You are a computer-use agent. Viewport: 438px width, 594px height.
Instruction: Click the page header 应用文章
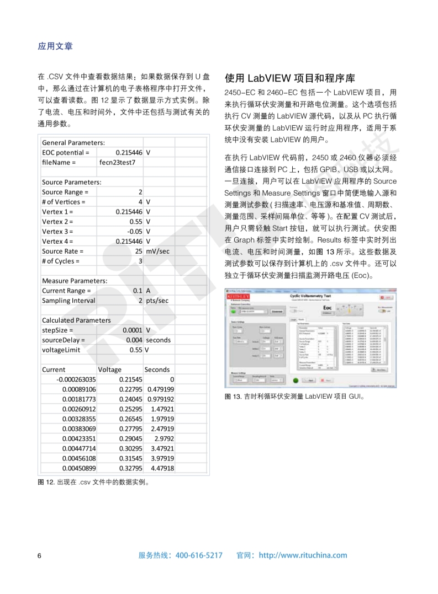[x=55, y=46]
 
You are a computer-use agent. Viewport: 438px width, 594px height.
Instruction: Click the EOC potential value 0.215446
[x=129, y=152]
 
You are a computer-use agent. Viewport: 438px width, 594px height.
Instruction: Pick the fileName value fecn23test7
[x=117, y=162]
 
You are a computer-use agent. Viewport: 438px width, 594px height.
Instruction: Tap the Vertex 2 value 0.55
[x=135, y=222]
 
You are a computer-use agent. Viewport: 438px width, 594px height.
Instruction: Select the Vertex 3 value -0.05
[x=134, y=232]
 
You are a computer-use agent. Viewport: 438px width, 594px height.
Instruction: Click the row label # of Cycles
[x=61, y=261]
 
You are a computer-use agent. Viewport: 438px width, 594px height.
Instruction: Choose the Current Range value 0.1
[x=138, y=291]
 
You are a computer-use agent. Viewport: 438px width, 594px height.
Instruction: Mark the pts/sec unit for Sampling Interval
[x=157, y=301]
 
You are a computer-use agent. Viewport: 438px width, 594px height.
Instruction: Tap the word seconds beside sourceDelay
[x=159, y=340]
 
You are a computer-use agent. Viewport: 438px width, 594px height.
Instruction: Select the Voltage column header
[x=109, y=370]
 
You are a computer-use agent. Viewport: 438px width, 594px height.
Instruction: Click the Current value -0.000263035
[x=76, y=379]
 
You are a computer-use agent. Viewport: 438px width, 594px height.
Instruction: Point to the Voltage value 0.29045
[x=131, y=438]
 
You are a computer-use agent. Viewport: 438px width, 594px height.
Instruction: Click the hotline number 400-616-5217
[x=199, y=555]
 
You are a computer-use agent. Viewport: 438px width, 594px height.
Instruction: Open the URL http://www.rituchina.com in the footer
[x=303, y=555]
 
